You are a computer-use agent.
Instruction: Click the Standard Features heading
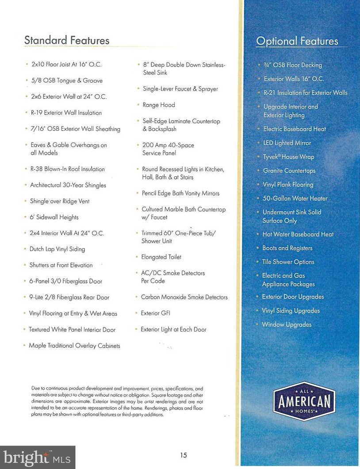[66, 40]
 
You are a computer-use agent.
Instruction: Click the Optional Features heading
[297, 41]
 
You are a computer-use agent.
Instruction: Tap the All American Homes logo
[304, 401]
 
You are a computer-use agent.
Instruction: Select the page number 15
[184, 455]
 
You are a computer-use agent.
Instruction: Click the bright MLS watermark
[38, 457]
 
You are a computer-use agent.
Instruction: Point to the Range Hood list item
[158, 105]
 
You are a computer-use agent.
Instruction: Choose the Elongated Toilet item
[161, 257]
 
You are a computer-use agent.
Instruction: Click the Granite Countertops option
[289, 171]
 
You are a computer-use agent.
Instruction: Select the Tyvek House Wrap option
[288, 157]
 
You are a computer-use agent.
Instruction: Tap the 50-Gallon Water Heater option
[295, 198]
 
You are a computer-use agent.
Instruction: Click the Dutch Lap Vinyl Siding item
[57, 249]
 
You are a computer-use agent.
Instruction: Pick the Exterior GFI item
[155, 313]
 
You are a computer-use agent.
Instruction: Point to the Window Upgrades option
[287, 324]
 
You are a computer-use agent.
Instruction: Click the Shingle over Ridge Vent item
[60, 201]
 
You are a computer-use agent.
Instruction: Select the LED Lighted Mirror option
[287, 143]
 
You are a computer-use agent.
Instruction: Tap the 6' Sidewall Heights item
[54, 217]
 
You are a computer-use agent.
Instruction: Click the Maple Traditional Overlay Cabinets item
[74, 346]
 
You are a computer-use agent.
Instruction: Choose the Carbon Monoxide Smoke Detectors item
[184, 297]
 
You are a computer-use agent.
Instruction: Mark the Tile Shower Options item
[288, 262]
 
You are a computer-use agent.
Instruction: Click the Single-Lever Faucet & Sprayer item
[180, 89]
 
